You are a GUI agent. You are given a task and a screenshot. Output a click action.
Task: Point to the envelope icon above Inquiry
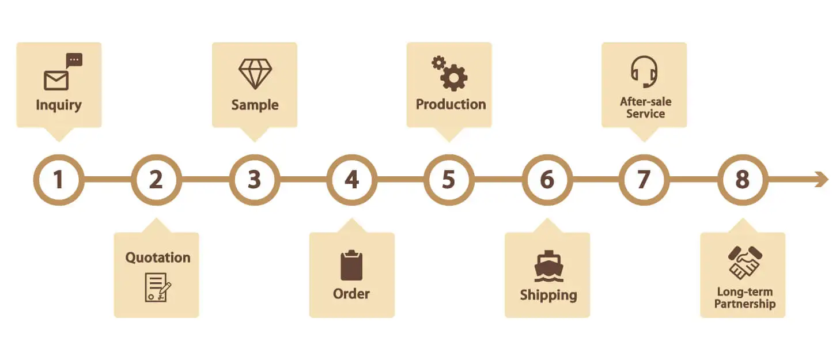pos(56,81)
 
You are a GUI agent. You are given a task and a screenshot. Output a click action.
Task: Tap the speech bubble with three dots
pos(74,60)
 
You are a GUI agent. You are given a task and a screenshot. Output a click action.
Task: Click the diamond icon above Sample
pos(255,74)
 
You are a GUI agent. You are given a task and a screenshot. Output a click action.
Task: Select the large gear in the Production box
pos(454,78)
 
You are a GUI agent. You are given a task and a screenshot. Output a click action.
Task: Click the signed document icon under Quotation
pos(158,287)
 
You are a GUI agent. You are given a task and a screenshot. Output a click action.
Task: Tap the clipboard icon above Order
pos(351,265)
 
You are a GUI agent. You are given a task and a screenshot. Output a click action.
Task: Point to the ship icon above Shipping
pos(548,266)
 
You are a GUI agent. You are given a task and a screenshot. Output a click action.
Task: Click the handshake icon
pos(745,263)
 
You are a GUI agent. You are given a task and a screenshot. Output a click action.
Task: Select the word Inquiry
pos(59,105)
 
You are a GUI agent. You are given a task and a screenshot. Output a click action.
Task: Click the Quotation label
pos(158,257)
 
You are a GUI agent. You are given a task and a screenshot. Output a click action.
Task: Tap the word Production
pos(451,104)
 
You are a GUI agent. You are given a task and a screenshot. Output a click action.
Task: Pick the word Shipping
pos(548,295)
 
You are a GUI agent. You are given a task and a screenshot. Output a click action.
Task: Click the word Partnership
pos(745,304)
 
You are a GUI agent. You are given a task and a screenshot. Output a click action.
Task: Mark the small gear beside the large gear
pos(438,63)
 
